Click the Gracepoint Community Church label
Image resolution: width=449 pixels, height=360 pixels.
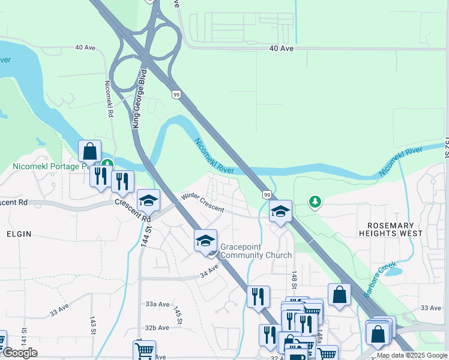pos(256,251)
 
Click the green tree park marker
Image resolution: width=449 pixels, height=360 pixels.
pos(315,202)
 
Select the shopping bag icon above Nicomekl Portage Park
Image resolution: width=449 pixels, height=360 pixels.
pos(89,152)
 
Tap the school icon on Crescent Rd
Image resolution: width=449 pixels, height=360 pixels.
pos(148,201)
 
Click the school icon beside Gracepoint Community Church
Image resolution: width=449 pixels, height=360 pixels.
pos(205,241)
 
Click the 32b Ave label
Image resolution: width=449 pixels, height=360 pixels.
pos(157,328)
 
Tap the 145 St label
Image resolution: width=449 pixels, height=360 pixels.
pos(178,316)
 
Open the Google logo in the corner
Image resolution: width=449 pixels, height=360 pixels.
pos(19,353)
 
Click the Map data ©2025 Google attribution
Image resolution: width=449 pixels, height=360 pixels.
pos(412,355)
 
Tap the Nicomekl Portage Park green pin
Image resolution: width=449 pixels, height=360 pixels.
pos(107,163)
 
